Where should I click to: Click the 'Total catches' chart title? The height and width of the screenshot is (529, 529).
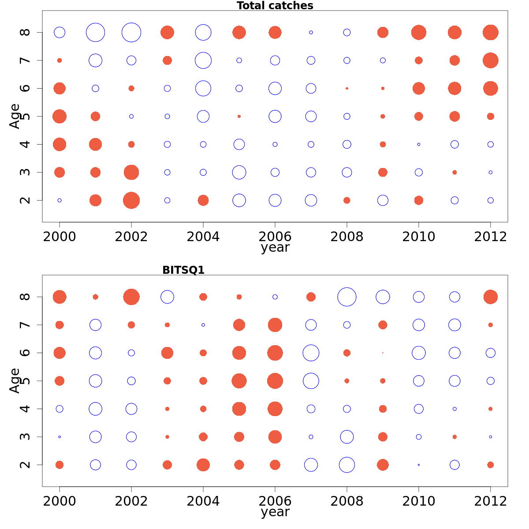[x=275, y=6]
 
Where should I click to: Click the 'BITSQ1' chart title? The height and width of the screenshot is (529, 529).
[x=183, y=270]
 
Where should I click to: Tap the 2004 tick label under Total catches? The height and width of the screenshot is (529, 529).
[x=203, y=237]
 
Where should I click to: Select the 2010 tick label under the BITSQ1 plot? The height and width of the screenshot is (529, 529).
[x=418, y=501]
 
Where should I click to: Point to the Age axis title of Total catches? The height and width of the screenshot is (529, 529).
[x=15, y=116]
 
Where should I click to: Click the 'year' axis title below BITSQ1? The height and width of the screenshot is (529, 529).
[x=275, y=512]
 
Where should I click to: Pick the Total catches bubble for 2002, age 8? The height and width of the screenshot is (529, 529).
[x=131, y=33]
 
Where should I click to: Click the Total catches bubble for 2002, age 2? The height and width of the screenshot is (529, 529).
[x=131, y=201]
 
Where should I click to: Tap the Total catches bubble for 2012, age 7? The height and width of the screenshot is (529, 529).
[x=490, y=60]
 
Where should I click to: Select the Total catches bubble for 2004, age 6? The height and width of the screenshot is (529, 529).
[x=203, y=88]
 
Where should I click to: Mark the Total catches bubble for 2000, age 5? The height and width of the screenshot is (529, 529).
[x=60, y=116]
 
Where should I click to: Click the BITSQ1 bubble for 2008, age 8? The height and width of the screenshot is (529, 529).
[x=347, y=297]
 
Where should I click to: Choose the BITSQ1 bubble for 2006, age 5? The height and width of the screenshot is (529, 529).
[x=275, y=381]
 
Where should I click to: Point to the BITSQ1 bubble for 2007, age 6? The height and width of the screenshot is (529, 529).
[x=311, y=353]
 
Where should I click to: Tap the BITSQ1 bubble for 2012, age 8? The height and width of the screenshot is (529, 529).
[x=490, y=297]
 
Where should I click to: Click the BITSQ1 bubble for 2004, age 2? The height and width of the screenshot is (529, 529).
[x=203, y=465]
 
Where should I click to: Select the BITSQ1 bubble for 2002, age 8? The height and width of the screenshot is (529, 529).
[x=131, y=297]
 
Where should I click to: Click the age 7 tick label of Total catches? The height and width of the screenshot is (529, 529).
[x=26, y=60]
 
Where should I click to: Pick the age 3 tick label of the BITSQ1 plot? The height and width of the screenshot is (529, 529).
[x=26, y=437]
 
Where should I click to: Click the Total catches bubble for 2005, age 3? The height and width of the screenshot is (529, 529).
[x=239, y=172]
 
